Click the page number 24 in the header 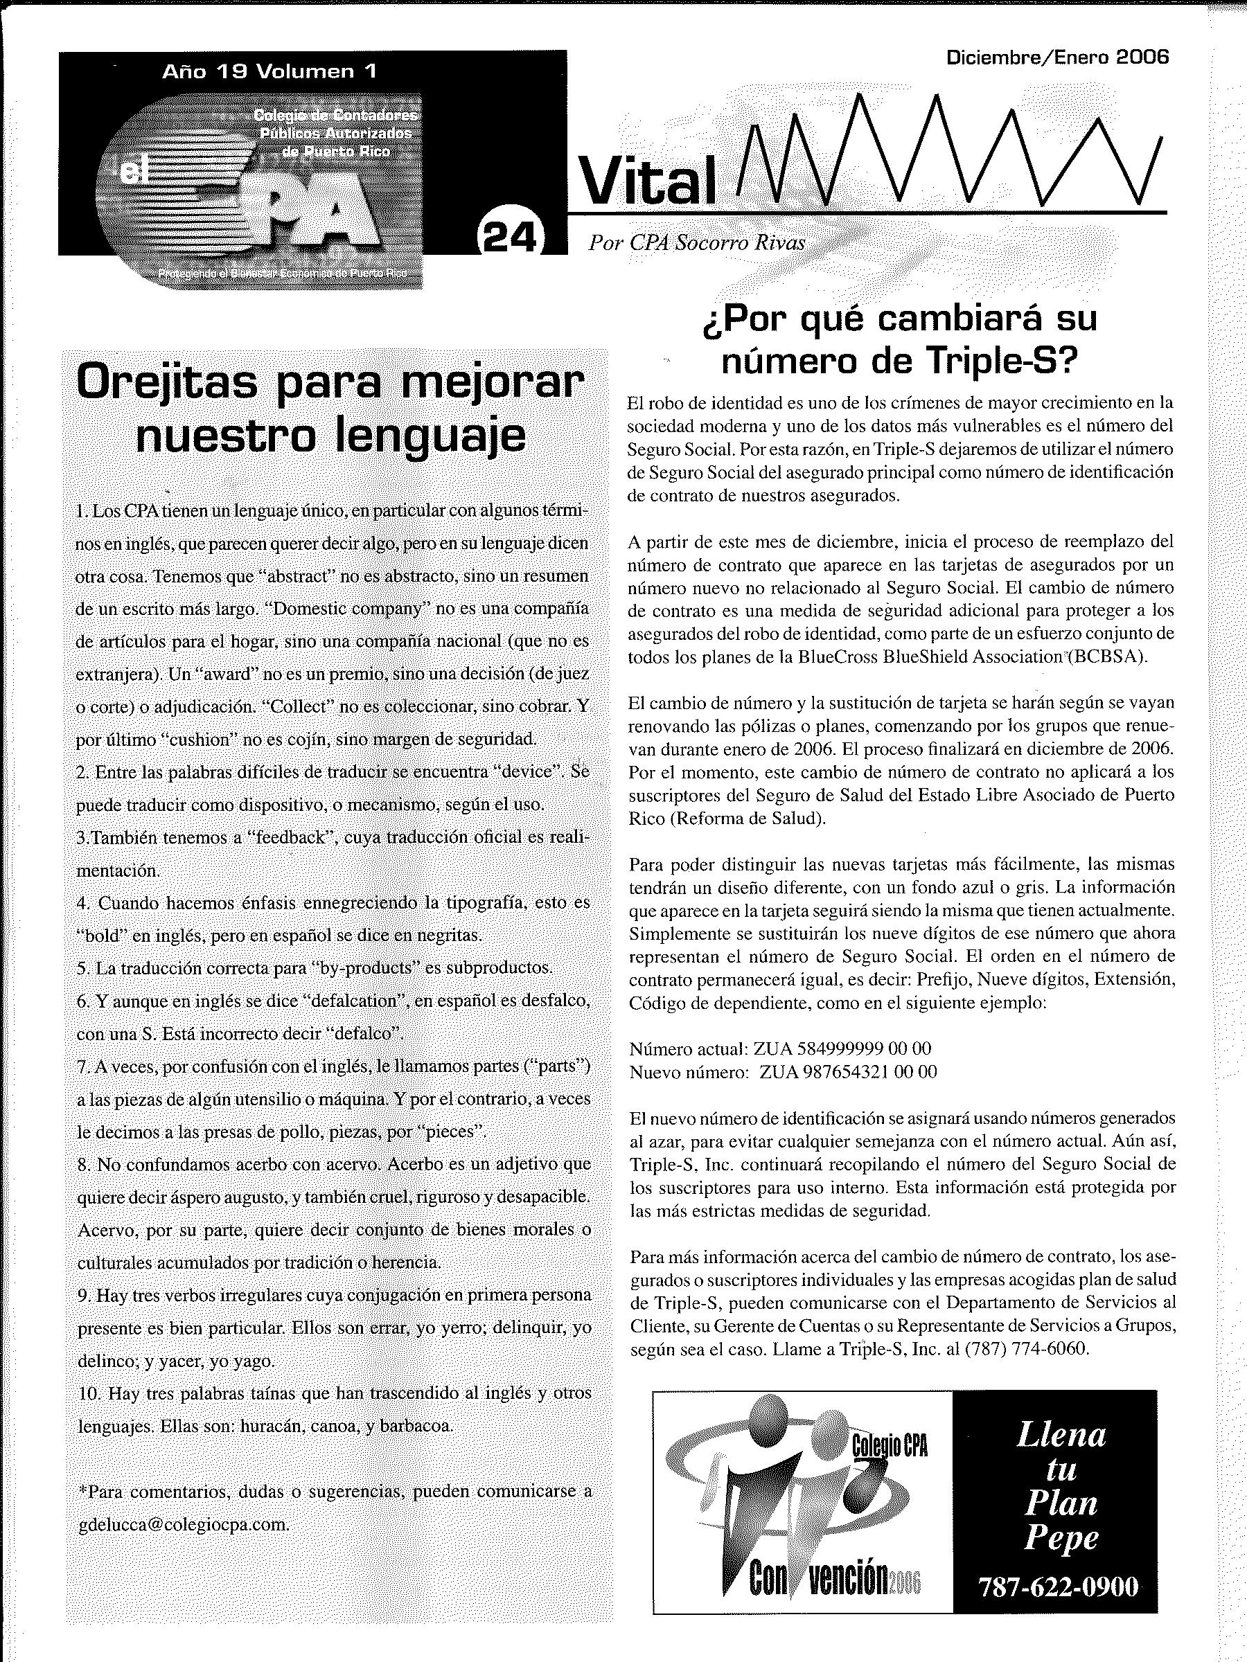click(509, 239)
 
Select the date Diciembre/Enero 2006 click(1059, 58)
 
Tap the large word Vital click(647, 184)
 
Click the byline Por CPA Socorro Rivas click(697, 242)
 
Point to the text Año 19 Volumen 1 click(269, 72)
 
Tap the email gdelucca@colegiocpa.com click(184, 1523)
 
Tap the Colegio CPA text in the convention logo click(890, 1444)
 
